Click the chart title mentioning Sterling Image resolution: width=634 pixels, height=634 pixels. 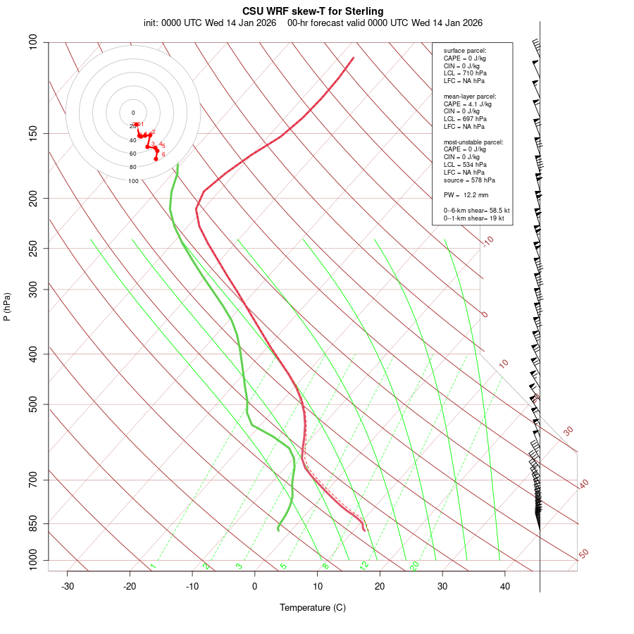coord(313,11)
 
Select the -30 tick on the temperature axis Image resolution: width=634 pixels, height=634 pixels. coord(68,586)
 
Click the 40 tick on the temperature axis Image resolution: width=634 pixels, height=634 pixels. coord(505,586)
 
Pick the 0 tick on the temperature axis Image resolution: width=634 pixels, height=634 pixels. coord(255,586)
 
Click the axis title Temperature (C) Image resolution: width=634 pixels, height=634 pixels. coord(312,607)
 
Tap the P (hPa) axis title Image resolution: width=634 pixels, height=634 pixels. coord(7,307)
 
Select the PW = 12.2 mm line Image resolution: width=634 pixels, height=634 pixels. coord(466,195)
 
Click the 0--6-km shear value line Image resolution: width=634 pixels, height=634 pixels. coord(476,211)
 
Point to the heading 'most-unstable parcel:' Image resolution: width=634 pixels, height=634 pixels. coord(473,142)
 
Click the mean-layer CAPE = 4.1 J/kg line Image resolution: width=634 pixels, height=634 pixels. coord(468,104)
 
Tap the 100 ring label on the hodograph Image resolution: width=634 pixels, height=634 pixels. coord(133,181)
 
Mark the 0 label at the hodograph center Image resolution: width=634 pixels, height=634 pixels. coord(133,113)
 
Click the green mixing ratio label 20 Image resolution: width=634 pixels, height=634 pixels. coord(415,565)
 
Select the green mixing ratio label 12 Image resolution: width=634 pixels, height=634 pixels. coord(364,565)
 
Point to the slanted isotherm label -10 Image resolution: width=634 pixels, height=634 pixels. coord(487,241)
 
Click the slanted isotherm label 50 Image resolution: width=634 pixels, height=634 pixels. coord(583,554)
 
